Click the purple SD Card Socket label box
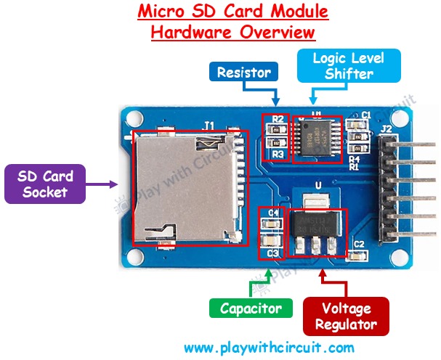pos(44,183)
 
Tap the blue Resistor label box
pos(244,72)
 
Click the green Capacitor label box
pos(251,308)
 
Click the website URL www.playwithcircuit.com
pos(269,347)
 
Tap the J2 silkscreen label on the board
pos(387,131)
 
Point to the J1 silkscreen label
pos(209,125)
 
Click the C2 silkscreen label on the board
pos(358,244)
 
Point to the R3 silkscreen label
pos(278,154)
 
